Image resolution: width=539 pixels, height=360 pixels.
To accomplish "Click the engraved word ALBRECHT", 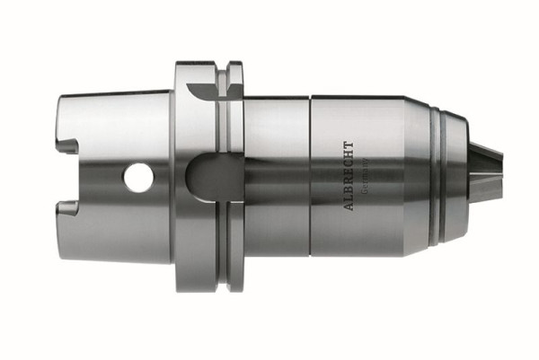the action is [x=349, y=176].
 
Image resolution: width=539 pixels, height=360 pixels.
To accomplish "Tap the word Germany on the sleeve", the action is [x=365, y=176].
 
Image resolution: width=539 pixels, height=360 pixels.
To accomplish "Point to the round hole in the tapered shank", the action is [x=139, y=178].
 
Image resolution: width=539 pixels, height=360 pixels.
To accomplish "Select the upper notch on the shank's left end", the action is [x=66, y=145].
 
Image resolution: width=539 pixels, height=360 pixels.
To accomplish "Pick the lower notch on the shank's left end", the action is [x=66, y=208].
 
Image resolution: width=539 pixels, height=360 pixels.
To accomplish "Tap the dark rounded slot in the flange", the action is [x=215, y=177].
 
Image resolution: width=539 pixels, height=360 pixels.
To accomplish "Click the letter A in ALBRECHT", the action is [x=349, y=206].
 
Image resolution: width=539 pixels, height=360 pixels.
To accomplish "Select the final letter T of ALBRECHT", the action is [x=349, y=145].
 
